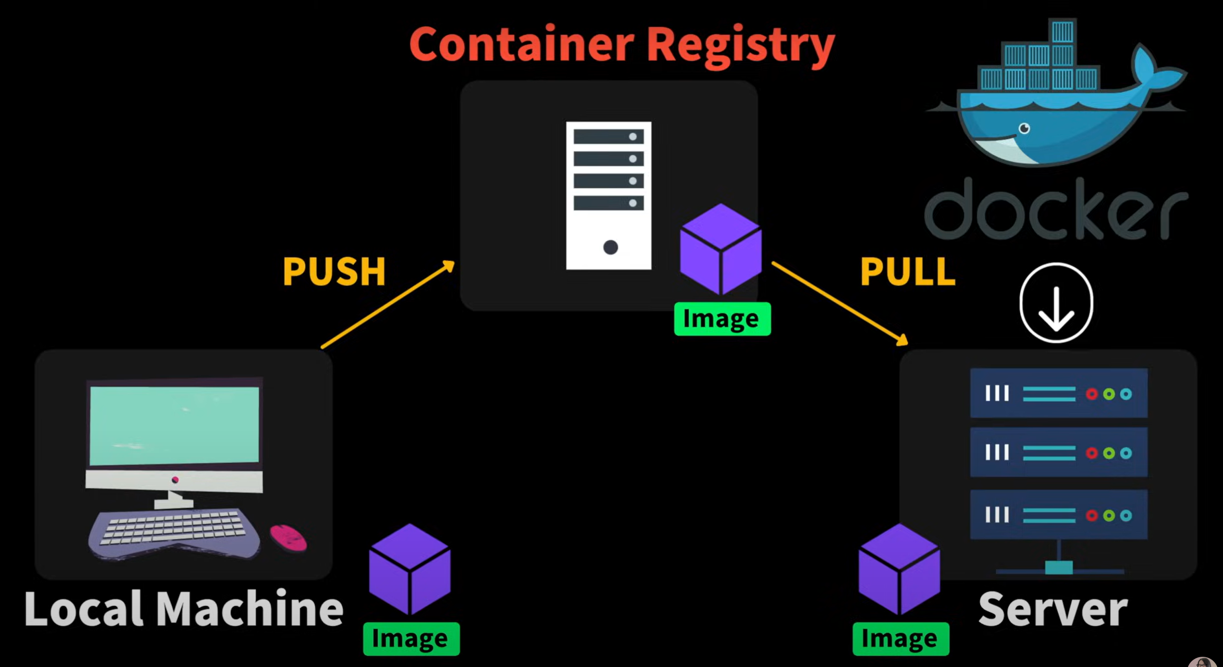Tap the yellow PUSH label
(334, 272)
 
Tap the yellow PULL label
(907, 272)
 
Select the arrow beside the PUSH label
(388, 304)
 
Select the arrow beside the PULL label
(840, 303)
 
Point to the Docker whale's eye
(1025, 128)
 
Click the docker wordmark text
(1056, 209)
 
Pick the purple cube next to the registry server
(721, 249)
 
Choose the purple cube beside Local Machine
(410, 569)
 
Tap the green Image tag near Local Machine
(411, 639)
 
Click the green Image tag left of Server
(901, 639)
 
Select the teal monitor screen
(174, 425)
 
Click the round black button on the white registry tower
(611, 247)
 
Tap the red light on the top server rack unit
(1092, 394)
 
